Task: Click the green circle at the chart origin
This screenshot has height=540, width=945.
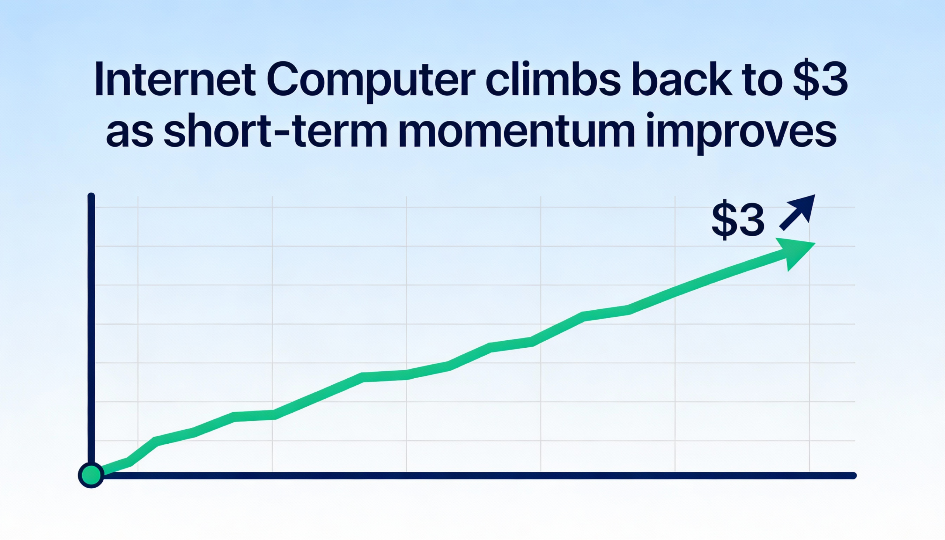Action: click(x=91, y=475)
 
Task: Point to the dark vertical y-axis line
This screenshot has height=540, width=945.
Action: click(x=91, y=334)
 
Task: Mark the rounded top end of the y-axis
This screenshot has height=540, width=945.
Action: click(x=91, y=196)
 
